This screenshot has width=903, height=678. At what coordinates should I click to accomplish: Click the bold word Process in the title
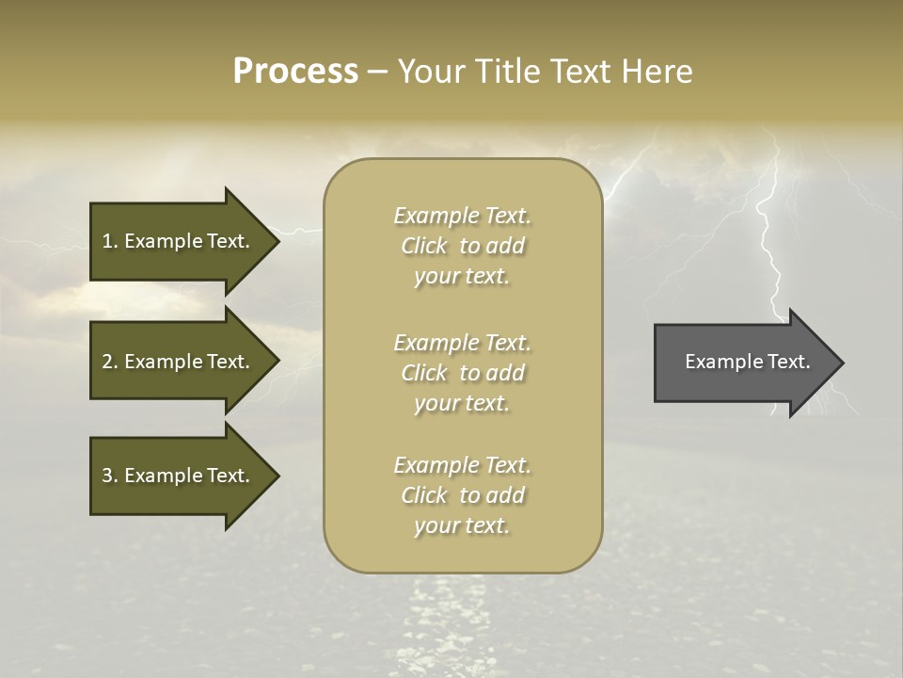pyautogui.click(x=295, y=72)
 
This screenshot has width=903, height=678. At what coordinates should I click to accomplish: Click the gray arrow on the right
pyautogui.click(x=743, y=363)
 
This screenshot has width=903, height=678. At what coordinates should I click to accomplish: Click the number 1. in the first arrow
pyautogui.click(x=109, y=241)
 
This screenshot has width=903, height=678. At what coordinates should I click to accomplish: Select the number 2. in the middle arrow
pyautogui.click(x=109, y=362)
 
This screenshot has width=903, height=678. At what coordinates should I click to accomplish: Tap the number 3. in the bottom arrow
pyautogui.click(x=109, y=476)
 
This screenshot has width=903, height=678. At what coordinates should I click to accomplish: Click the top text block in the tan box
pyautogui.click(x=462, y=246)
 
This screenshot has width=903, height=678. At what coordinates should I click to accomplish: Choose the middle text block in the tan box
pyautogui.click(x=462, y=373)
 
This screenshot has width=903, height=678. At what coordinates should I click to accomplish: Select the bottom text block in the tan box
pyautogui.click(x=462, y=495)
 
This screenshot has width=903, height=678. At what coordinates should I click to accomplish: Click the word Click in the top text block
pyautogui.click(x=424, y=246)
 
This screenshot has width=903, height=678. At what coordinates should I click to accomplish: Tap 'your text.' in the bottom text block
pyautogui.click(x=462, y=525)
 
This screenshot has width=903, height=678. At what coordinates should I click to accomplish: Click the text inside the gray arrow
pyautogui.click(x=747, y=362)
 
